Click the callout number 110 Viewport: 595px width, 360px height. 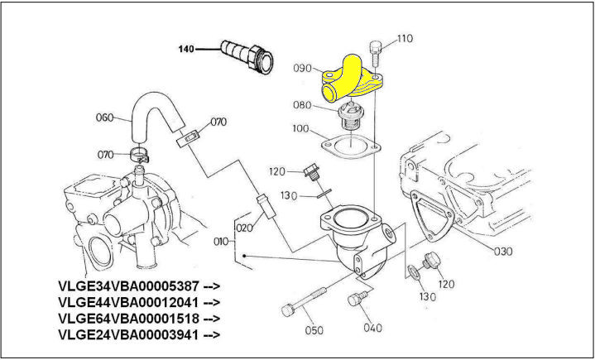(x=404, y=38)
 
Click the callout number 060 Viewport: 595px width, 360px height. (x=104, y=117)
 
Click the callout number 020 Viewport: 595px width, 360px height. (x=243, y=228)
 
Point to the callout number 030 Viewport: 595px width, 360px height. (x=502, y=251)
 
